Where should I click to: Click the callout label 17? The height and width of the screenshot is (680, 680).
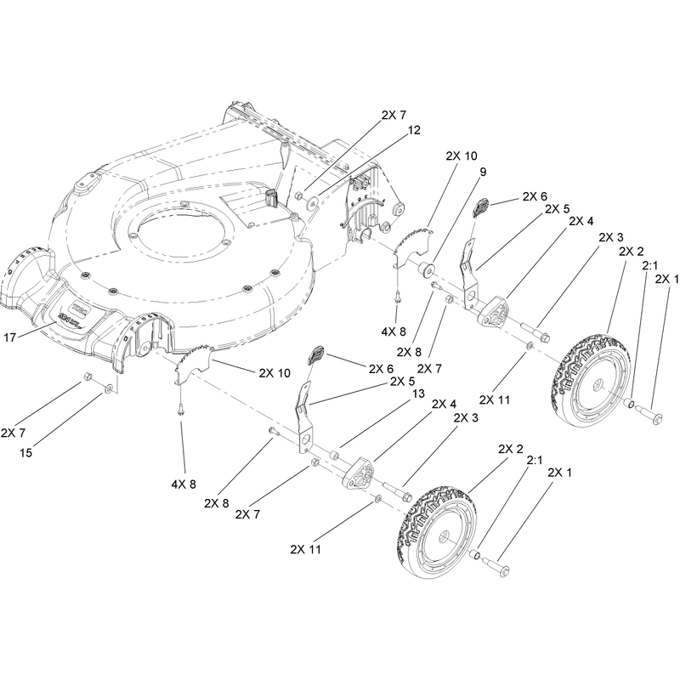tap(9, 337)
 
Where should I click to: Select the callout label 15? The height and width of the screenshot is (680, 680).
tap(26, 452)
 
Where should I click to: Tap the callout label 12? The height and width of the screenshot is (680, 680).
tap(414, 130)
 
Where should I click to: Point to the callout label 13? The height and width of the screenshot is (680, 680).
tap(418, 394)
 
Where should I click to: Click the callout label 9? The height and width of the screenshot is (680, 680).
tap(483, 172)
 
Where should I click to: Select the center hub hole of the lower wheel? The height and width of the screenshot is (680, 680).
tap(444, 537)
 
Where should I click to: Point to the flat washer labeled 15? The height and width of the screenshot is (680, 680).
tap(108, 388)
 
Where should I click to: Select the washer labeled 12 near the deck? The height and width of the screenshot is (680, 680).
tap(313, 202)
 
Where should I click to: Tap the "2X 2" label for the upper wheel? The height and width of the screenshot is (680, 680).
tap(632, 251)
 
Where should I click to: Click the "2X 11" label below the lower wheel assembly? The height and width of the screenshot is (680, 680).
tap(306, 549)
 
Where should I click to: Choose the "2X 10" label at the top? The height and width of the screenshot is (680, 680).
tap(462, 156)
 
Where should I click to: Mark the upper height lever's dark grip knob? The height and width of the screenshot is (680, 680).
tap(480, 207)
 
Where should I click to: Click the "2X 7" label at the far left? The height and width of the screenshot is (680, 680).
tap(13, 433)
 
